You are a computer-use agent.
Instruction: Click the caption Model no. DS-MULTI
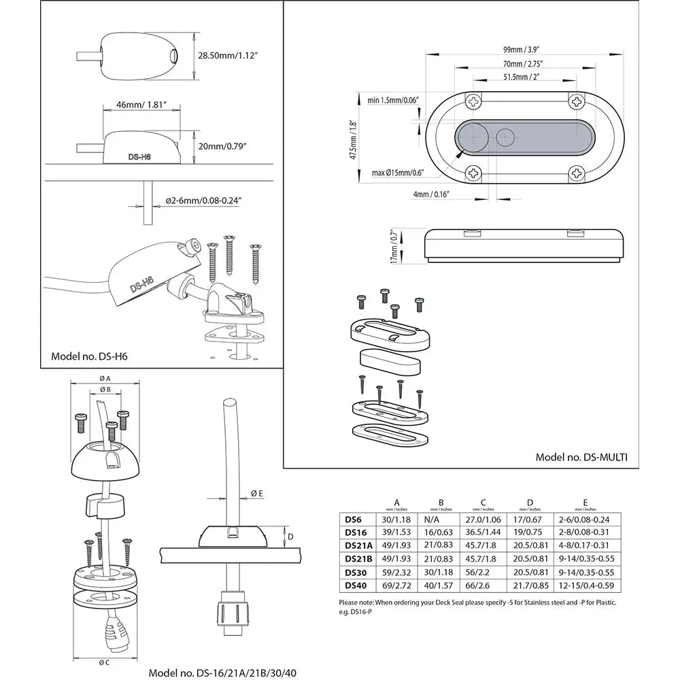(x=581, y=457)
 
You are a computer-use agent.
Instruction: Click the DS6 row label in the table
(x=354, y=520)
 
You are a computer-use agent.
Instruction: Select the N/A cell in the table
(x=436, y=520)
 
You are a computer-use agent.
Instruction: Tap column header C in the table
(x=483, y=503)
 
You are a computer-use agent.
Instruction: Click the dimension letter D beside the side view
(x=292, y=537)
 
